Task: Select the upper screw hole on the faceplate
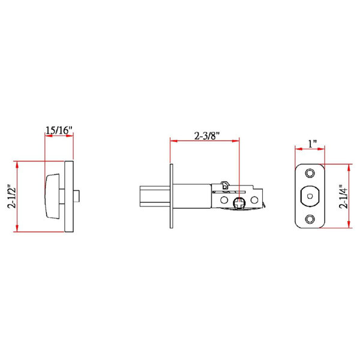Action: click(x=310, y=173)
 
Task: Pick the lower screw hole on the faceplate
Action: click(x=310, y=219)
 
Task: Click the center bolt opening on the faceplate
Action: click(x=310, y=196)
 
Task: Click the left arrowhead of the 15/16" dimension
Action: click(x=47, y=136)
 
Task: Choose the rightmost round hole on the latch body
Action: click(x=256, y=199)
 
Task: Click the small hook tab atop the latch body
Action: click(x=224, y=182)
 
